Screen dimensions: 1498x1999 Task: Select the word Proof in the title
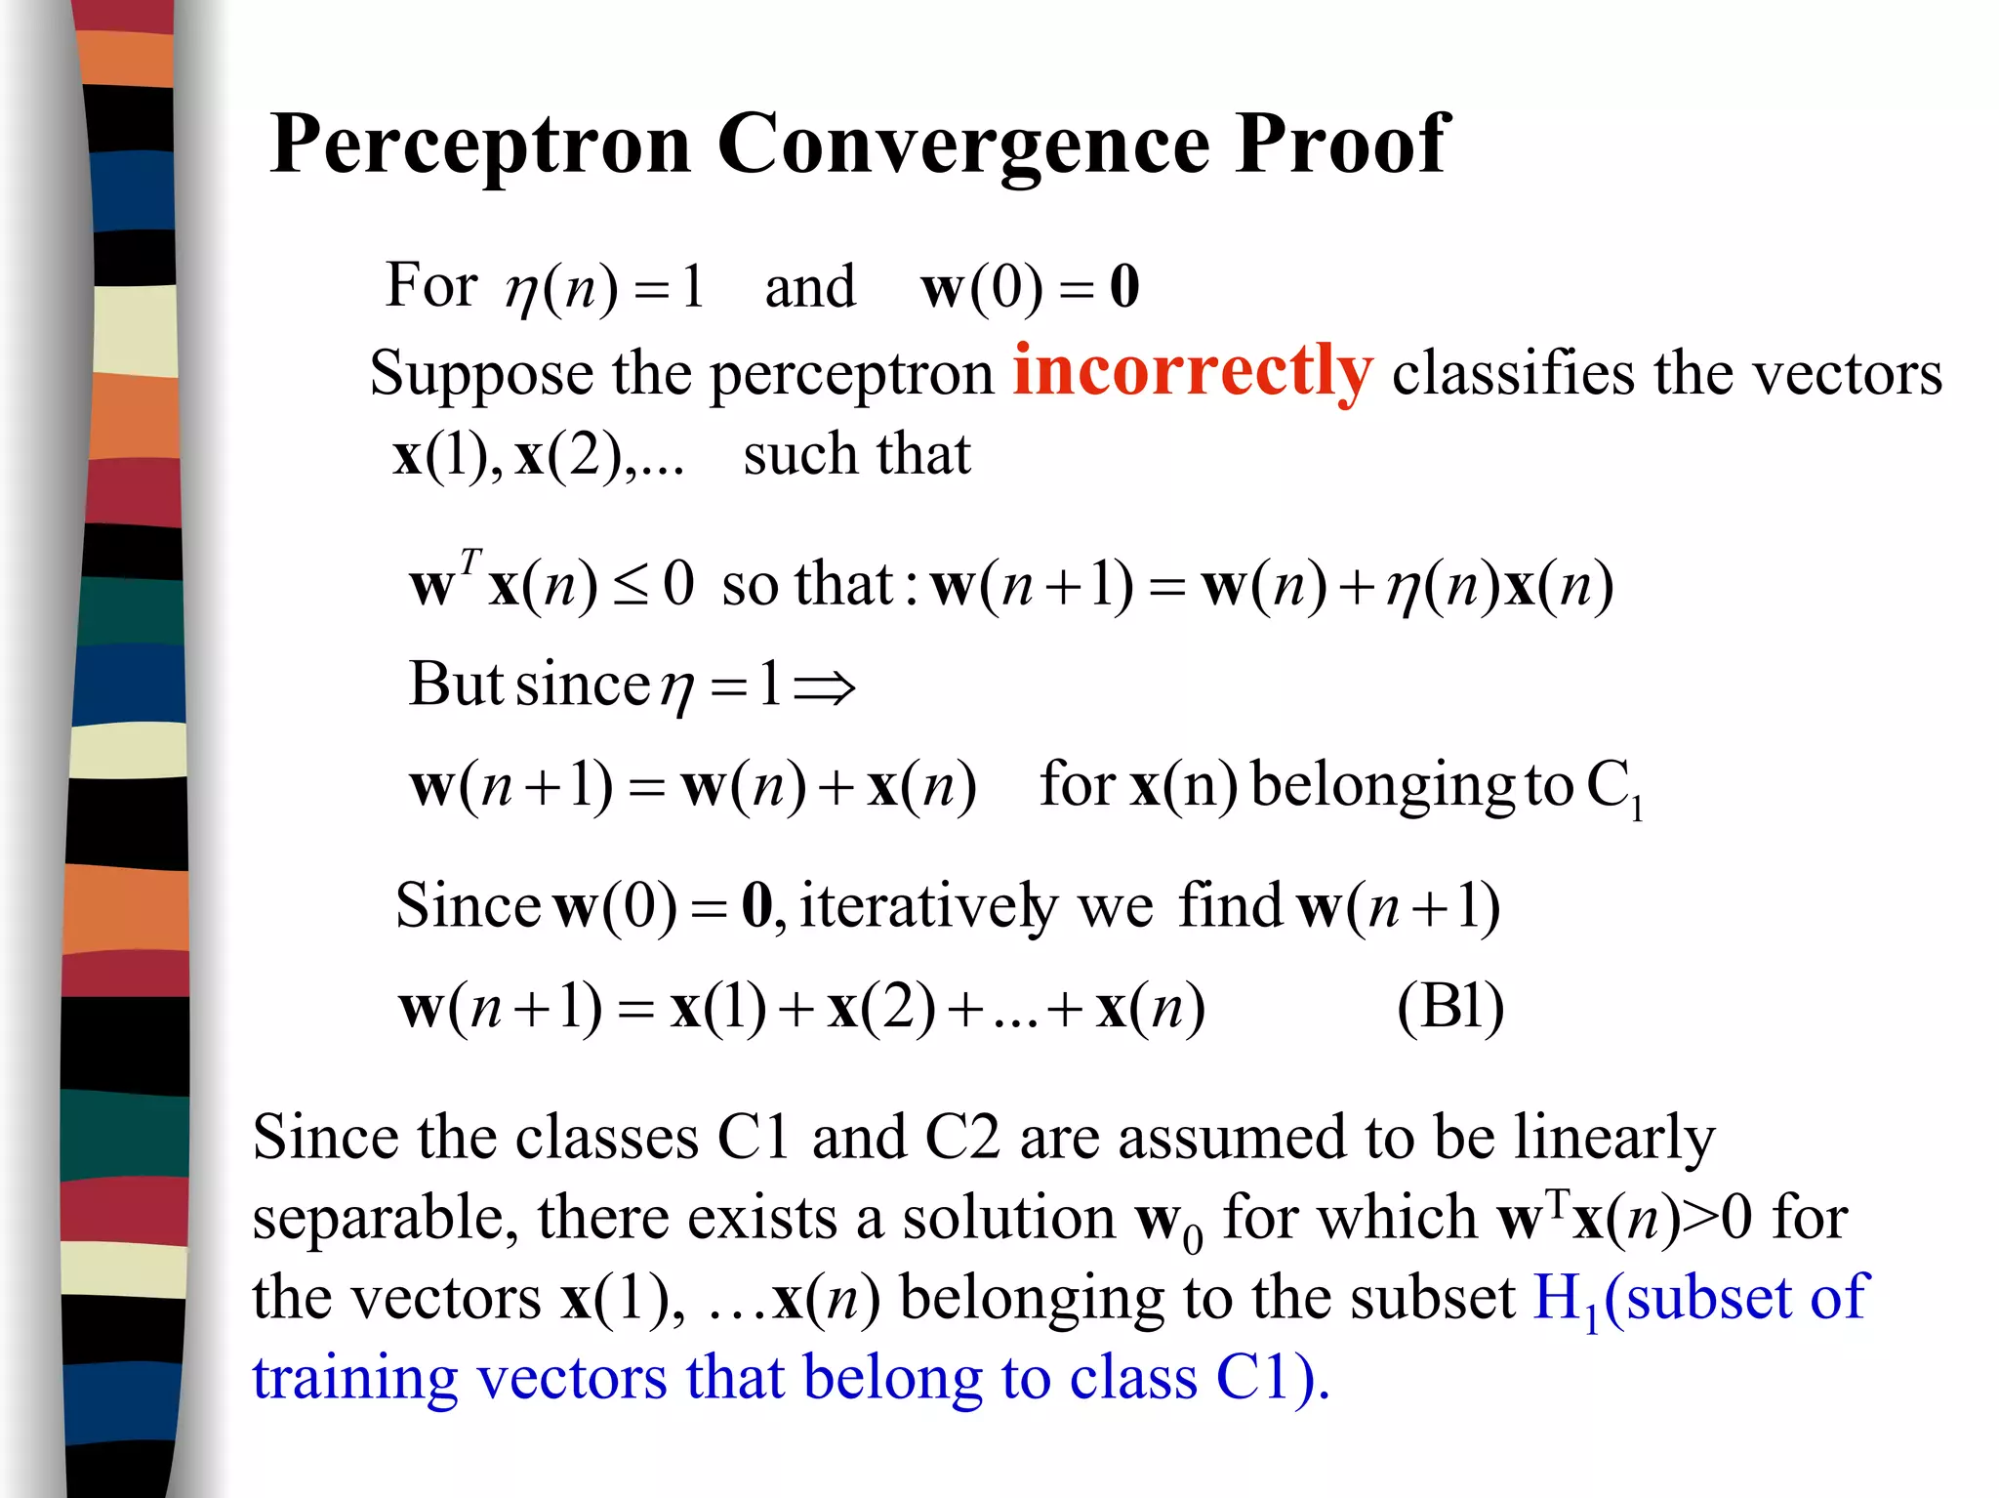coord(1342,145)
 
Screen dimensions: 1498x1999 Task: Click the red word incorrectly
coord(1192,372)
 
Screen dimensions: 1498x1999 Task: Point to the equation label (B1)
coord(1450,1007)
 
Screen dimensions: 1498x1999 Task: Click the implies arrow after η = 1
coord(825,687)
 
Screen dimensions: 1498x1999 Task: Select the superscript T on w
coord(470,562)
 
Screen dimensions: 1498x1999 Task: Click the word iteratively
coord(928,905)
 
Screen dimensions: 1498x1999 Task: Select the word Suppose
coord(481,375)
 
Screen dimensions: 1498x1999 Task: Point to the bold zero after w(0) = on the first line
coord(1124,287)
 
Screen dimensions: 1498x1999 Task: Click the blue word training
coord(354,1380)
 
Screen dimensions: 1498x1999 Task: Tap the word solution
coord(1008,1219)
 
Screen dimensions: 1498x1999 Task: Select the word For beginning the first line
coord(430,285)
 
